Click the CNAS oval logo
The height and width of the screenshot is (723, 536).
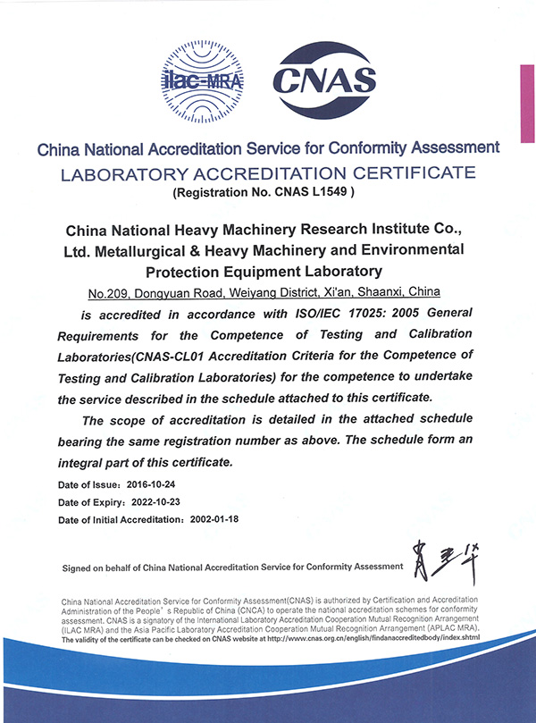(325, 80)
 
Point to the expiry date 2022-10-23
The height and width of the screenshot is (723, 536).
(163, 501)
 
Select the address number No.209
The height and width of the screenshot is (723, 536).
(111, 293)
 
